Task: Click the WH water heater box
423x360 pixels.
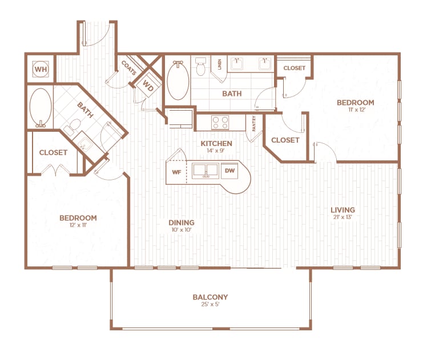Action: tap(40, 69)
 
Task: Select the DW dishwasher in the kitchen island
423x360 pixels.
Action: tap(229, 171)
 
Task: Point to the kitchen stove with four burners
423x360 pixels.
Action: tap(220, 122)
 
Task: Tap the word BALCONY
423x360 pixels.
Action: tap(210, 297)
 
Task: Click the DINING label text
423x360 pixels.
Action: tap(181, 223)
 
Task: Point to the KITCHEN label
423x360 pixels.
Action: tap(216, 143)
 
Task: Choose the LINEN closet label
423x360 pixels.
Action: tap(219, 63)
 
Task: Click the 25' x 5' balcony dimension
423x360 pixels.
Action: tap(210, 305)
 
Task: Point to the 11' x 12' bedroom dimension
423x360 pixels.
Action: tap(355, 110)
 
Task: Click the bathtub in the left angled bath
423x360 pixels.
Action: tap(39, 107)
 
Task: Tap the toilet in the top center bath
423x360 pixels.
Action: tap(200, 68)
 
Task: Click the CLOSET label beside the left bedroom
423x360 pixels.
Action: tap(53, 152)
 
